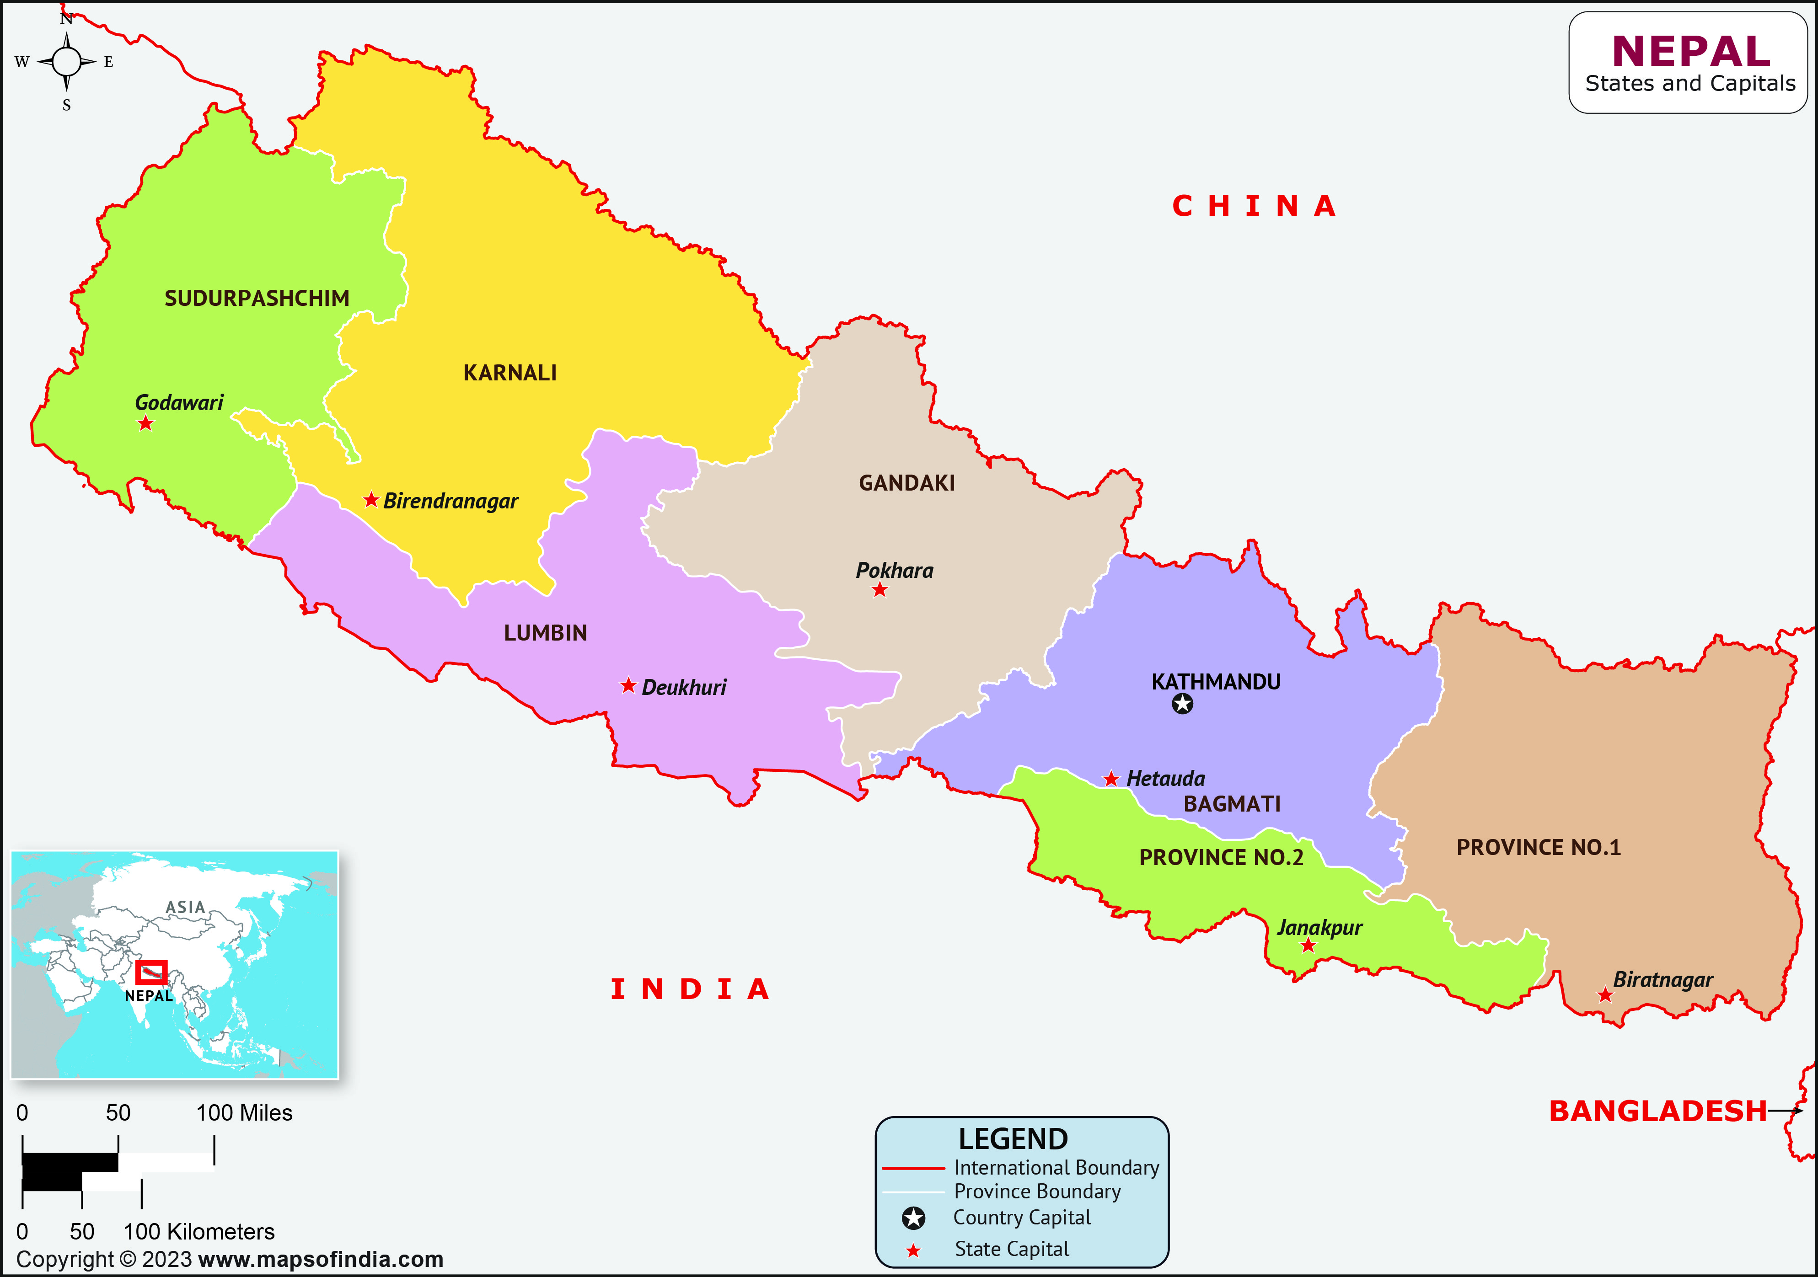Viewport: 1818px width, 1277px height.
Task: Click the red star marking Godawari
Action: click(145, 423)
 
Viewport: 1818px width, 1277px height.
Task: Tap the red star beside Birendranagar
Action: click(370, 500)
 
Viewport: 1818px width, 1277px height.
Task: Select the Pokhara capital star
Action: click(880, 590)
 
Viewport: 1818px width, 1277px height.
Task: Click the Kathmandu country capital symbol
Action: click(1182, 703)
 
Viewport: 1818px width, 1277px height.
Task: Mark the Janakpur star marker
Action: click(1308, 945)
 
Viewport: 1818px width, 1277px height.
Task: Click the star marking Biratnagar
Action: click(1605, 995)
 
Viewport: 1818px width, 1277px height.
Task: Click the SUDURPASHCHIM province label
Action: click(257, 299)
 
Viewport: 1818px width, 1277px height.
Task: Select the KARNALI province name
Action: click(510, 373)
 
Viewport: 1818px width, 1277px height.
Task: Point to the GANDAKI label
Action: click(906, 483)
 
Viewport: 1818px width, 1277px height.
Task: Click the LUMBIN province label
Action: click(546, 633)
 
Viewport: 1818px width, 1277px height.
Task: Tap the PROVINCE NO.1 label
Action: click(1539, 848)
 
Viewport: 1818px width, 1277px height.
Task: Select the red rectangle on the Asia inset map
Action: click(151, 972)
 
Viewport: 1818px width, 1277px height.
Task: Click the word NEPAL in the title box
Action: click(1690, 52)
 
